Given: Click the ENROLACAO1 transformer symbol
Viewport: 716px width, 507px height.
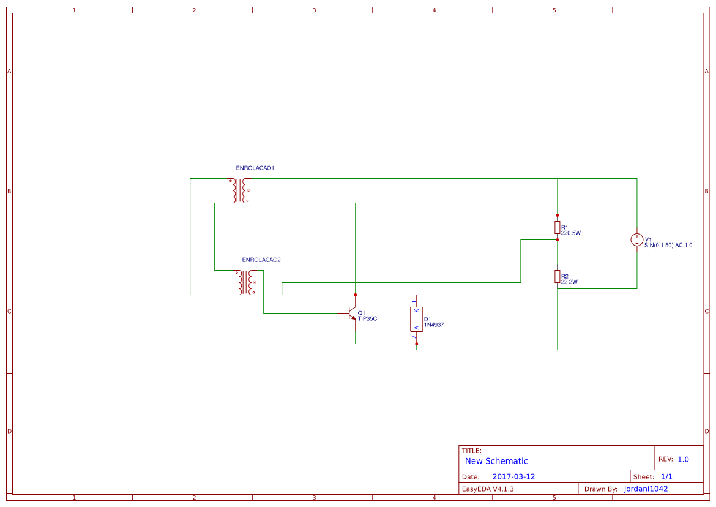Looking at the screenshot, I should point(239,190).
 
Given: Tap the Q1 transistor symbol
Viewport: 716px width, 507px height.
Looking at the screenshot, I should point(352,313).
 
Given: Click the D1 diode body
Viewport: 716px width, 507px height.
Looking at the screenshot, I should point(416,319).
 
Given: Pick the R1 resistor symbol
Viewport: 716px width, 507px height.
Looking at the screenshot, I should point(557,228).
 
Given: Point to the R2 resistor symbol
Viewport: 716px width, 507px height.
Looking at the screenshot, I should point(557,277).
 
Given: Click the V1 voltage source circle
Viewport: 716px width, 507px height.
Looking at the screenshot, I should point(636,239).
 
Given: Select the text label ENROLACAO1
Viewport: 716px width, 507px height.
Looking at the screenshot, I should point(255,168).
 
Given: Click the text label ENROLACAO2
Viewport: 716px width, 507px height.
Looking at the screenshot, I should point(261,260).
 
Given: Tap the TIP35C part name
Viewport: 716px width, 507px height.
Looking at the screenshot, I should point(368,318).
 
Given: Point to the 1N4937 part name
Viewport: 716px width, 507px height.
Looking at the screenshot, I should point(434,325).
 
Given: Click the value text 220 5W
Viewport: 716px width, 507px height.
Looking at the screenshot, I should point(570,233).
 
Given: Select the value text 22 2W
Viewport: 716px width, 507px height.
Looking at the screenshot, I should point(569,282).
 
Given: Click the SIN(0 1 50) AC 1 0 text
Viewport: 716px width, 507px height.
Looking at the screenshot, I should point(668,245).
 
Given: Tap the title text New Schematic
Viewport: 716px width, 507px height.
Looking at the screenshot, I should point(496,461).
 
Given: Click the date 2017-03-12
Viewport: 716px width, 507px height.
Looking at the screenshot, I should point(514,476).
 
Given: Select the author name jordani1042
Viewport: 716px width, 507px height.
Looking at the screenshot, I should point(646,489).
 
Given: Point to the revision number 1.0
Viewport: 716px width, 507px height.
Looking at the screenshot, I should point(683,459).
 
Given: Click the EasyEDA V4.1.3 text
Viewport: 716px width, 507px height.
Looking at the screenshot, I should point(488,489).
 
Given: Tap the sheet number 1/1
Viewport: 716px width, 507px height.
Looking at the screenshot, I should point(666,476).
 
